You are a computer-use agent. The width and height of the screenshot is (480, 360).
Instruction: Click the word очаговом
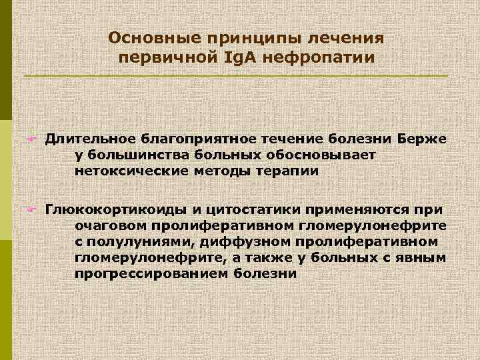[x=110, y=226]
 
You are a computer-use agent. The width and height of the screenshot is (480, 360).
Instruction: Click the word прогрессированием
[x=151, y=274]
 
